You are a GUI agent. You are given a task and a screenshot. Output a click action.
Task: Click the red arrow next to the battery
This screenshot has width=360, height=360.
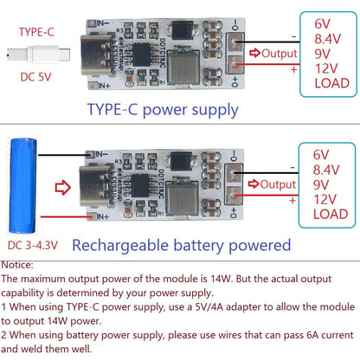click(63, 183)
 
